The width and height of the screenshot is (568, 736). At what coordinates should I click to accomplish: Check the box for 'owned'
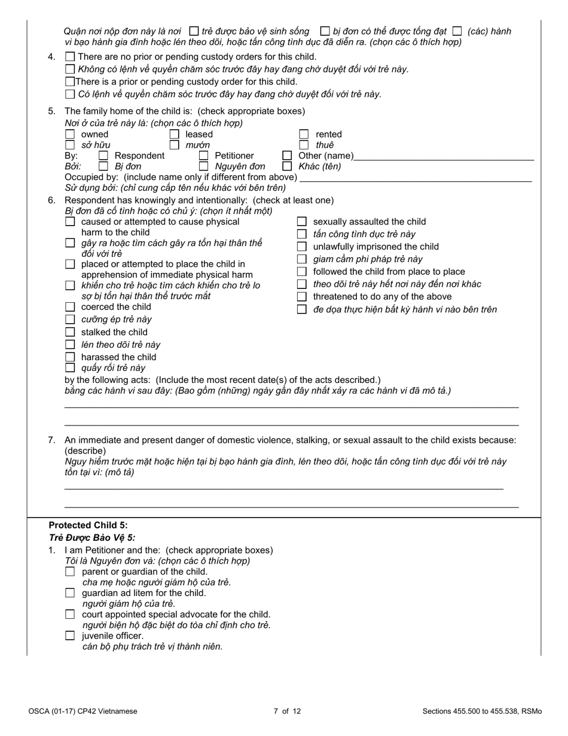[70, 135]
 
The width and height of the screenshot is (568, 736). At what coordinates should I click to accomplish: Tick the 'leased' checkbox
[175, 135]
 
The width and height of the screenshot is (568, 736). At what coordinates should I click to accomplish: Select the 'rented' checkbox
[304, 135]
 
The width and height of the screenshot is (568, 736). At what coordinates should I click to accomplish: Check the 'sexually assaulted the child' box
[302, 222]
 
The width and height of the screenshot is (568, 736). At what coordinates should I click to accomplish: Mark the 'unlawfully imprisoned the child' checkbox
[302, 247]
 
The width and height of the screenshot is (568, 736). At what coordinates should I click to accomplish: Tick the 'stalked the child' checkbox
[70, 332]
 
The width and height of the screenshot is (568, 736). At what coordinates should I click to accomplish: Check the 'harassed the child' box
[70, 357]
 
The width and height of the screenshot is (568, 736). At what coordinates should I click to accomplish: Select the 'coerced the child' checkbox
[70, 307]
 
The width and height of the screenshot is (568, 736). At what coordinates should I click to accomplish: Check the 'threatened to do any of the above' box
[302, 297]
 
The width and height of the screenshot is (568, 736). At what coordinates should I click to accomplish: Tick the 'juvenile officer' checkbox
[70, 635]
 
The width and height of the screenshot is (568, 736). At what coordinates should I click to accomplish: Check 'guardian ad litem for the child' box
[70, 593]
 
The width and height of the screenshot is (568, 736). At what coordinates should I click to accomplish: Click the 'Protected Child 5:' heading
[88, 525]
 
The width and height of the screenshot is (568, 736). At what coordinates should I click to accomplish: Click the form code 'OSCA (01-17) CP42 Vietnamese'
[83, 711]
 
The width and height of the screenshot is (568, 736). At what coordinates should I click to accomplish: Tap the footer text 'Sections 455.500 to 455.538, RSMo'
[482, 711]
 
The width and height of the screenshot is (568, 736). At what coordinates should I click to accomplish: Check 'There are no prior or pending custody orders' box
[70, 57]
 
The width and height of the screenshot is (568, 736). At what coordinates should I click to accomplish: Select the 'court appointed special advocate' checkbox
[70, 614]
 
